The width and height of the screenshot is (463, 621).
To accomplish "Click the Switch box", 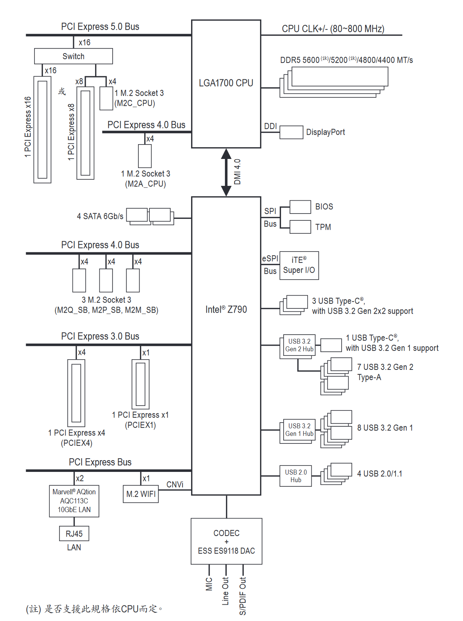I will click(73, 56).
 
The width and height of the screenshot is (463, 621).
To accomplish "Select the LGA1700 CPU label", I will click(226, 83).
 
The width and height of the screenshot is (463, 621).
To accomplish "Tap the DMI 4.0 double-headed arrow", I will click(226, 172).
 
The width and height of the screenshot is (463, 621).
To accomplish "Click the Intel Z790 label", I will click(226, 310).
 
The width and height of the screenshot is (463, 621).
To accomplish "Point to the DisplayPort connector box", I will click(291, 132).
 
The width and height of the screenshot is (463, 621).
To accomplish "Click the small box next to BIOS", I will click(300, 207).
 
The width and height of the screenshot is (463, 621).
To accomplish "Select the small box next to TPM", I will click(300, 227).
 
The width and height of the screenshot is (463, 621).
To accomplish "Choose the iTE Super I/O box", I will click(299, 266).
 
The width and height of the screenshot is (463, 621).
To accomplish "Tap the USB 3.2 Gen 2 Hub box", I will click(299, 345).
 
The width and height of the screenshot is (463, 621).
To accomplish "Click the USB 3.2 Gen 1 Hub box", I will click(299, 430).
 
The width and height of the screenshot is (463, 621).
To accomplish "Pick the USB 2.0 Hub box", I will click(296, 476).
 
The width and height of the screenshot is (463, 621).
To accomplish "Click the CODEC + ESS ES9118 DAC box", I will click(226, 541).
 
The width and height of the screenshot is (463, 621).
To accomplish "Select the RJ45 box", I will click(74, 534).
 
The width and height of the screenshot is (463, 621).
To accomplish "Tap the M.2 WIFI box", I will click(141, 494).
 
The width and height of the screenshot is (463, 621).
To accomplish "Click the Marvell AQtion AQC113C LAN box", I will click(74, 501).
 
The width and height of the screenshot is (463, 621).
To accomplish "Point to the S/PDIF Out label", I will click(243, 596).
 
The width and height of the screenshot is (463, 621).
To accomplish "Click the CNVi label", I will click(175, 484).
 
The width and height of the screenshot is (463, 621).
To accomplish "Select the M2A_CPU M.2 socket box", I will click(145, 156).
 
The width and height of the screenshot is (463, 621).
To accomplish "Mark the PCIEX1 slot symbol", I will click(140, 384).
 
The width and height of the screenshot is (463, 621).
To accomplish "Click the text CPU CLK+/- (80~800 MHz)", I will click(333, 29).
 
